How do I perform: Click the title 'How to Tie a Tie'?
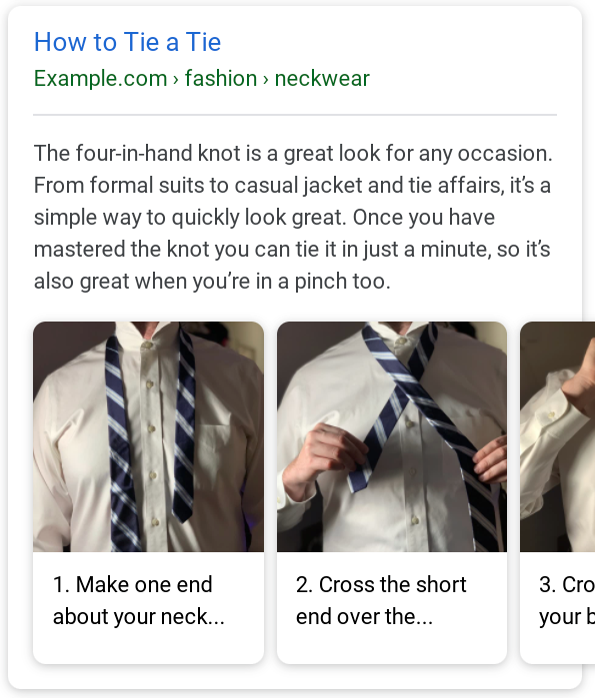127,42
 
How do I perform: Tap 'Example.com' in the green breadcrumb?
100,79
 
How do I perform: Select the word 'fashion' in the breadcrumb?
220,79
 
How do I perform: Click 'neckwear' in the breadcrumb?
322,79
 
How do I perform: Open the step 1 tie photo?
148,436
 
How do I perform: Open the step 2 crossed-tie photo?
391,436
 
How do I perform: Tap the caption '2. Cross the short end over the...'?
381,600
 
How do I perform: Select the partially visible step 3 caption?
566,600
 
